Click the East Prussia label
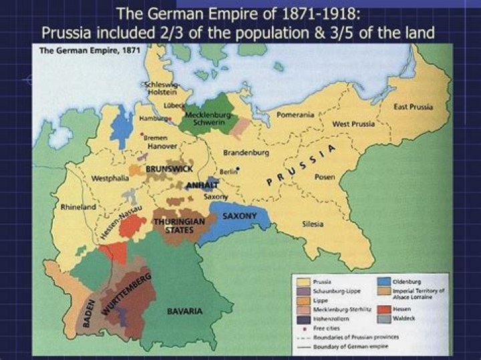413,107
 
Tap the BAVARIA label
185,311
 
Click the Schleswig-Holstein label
160,89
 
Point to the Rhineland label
78,207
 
